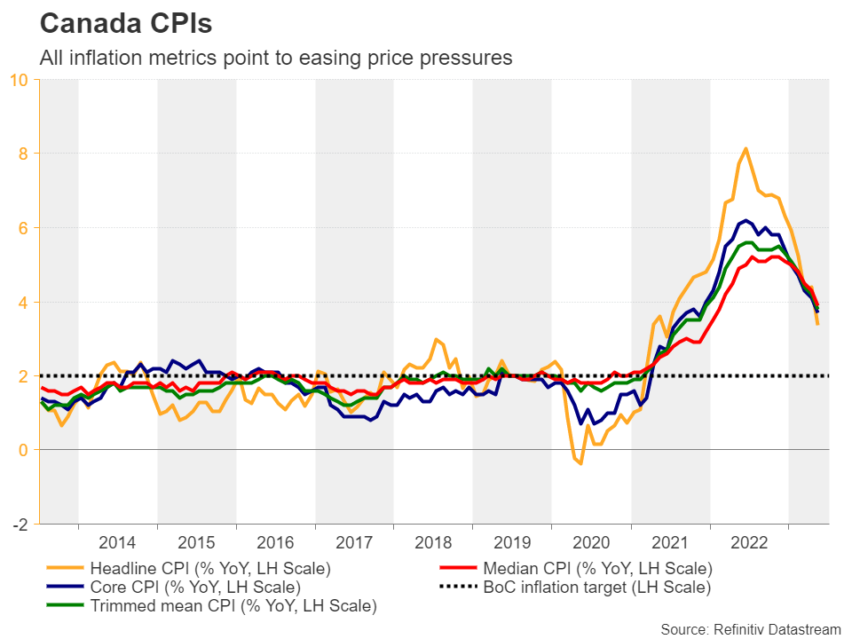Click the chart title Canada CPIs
pyautogui.click(x=126, y=24)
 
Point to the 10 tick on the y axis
pyautogui.click(x=20, y=80)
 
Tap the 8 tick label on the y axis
pyautogui.click(x=24, y=154)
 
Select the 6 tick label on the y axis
pyautogui.click(x=24, y=228)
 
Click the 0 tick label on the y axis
pyautogui.click(x=24, y=450)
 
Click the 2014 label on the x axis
pyautogui.click(x=117, y=542)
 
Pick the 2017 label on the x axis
pyautogui.click(x=354, y=542)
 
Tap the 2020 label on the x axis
pyautogui.click(x=591, y=542)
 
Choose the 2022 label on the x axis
pyautogui.click(x=749, y=542)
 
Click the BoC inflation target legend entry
pyautogui.click(x=596, y=587)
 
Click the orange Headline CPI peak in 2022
pyautogui.click(x=745, y=148)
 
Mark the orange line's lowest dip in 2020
pyautogui.click(x=581, y=463)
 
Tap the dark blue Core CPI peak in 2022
pyautogui.click(x=746, y=219)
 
